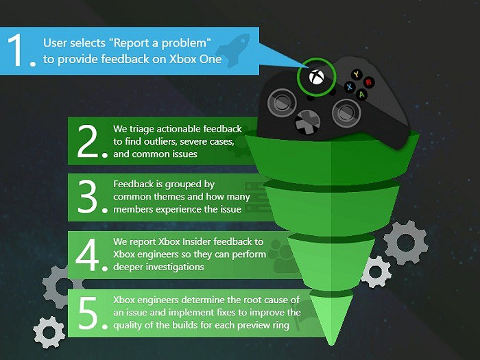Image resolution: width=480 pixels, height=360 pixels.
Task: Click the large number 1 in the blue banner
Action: [x=16, y=50]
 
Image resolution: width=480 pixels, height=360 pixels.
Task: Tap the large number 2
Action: [x=88, y=141]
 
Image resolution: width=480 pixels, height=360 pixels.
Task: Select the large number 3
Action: [x=88, y=197]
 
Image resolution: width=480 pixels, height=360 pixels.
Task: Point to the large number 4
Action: [x=87, y=254]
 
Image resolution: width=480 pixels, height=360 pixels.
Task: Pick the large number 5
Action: [x=88, y=313]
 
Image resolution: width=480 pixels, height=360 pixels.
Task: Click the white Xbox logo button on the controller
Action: [x=316, y=77]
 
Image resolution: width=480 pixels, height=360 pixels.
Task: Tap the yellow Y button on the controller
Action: [x=356, y=74]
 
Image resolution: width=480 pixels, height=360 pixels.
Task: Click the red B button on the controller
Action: [x=369, y=82]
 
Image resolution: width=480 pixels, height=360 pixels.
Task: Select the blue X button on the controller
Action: [x=349, y=86]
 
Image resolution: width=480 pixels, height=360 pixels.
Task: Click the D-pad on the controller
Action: [x=307, y=122]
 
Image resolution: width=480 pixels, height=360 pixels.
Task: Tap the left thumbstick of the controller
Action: [x=282, y=103]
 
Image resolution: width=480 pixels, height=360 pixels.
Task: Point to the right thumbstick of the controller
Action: [x=346, y=113]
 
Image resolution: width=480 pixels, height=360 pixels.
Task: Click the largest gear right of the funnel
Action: [x=406, y=243]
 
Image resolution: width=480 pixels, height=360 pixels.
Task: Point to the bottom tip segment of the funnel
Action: [x=331, y=319]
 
